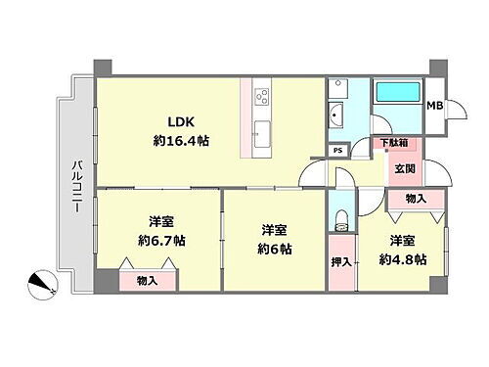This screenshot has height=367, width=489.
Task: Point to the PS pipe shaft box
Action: pyautogui.click(x=337, y=150)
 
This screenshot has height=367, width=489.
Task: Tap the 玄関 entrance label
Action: pyautogui.click(x=404, y=168)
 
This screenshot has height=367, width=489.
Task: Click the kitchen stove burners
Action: pyautogui.click(x=262, y=98)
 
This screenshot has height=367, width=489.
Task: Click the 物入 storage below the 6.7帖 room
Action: pyautogui.click(x=150, y=281)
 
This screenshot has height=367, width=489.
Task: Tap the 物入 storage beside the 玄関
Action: pyautogui.click(x=415, y=200)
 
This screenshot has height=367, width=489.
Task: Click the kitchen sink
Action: pyautogui.click(x=262, y=134)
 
